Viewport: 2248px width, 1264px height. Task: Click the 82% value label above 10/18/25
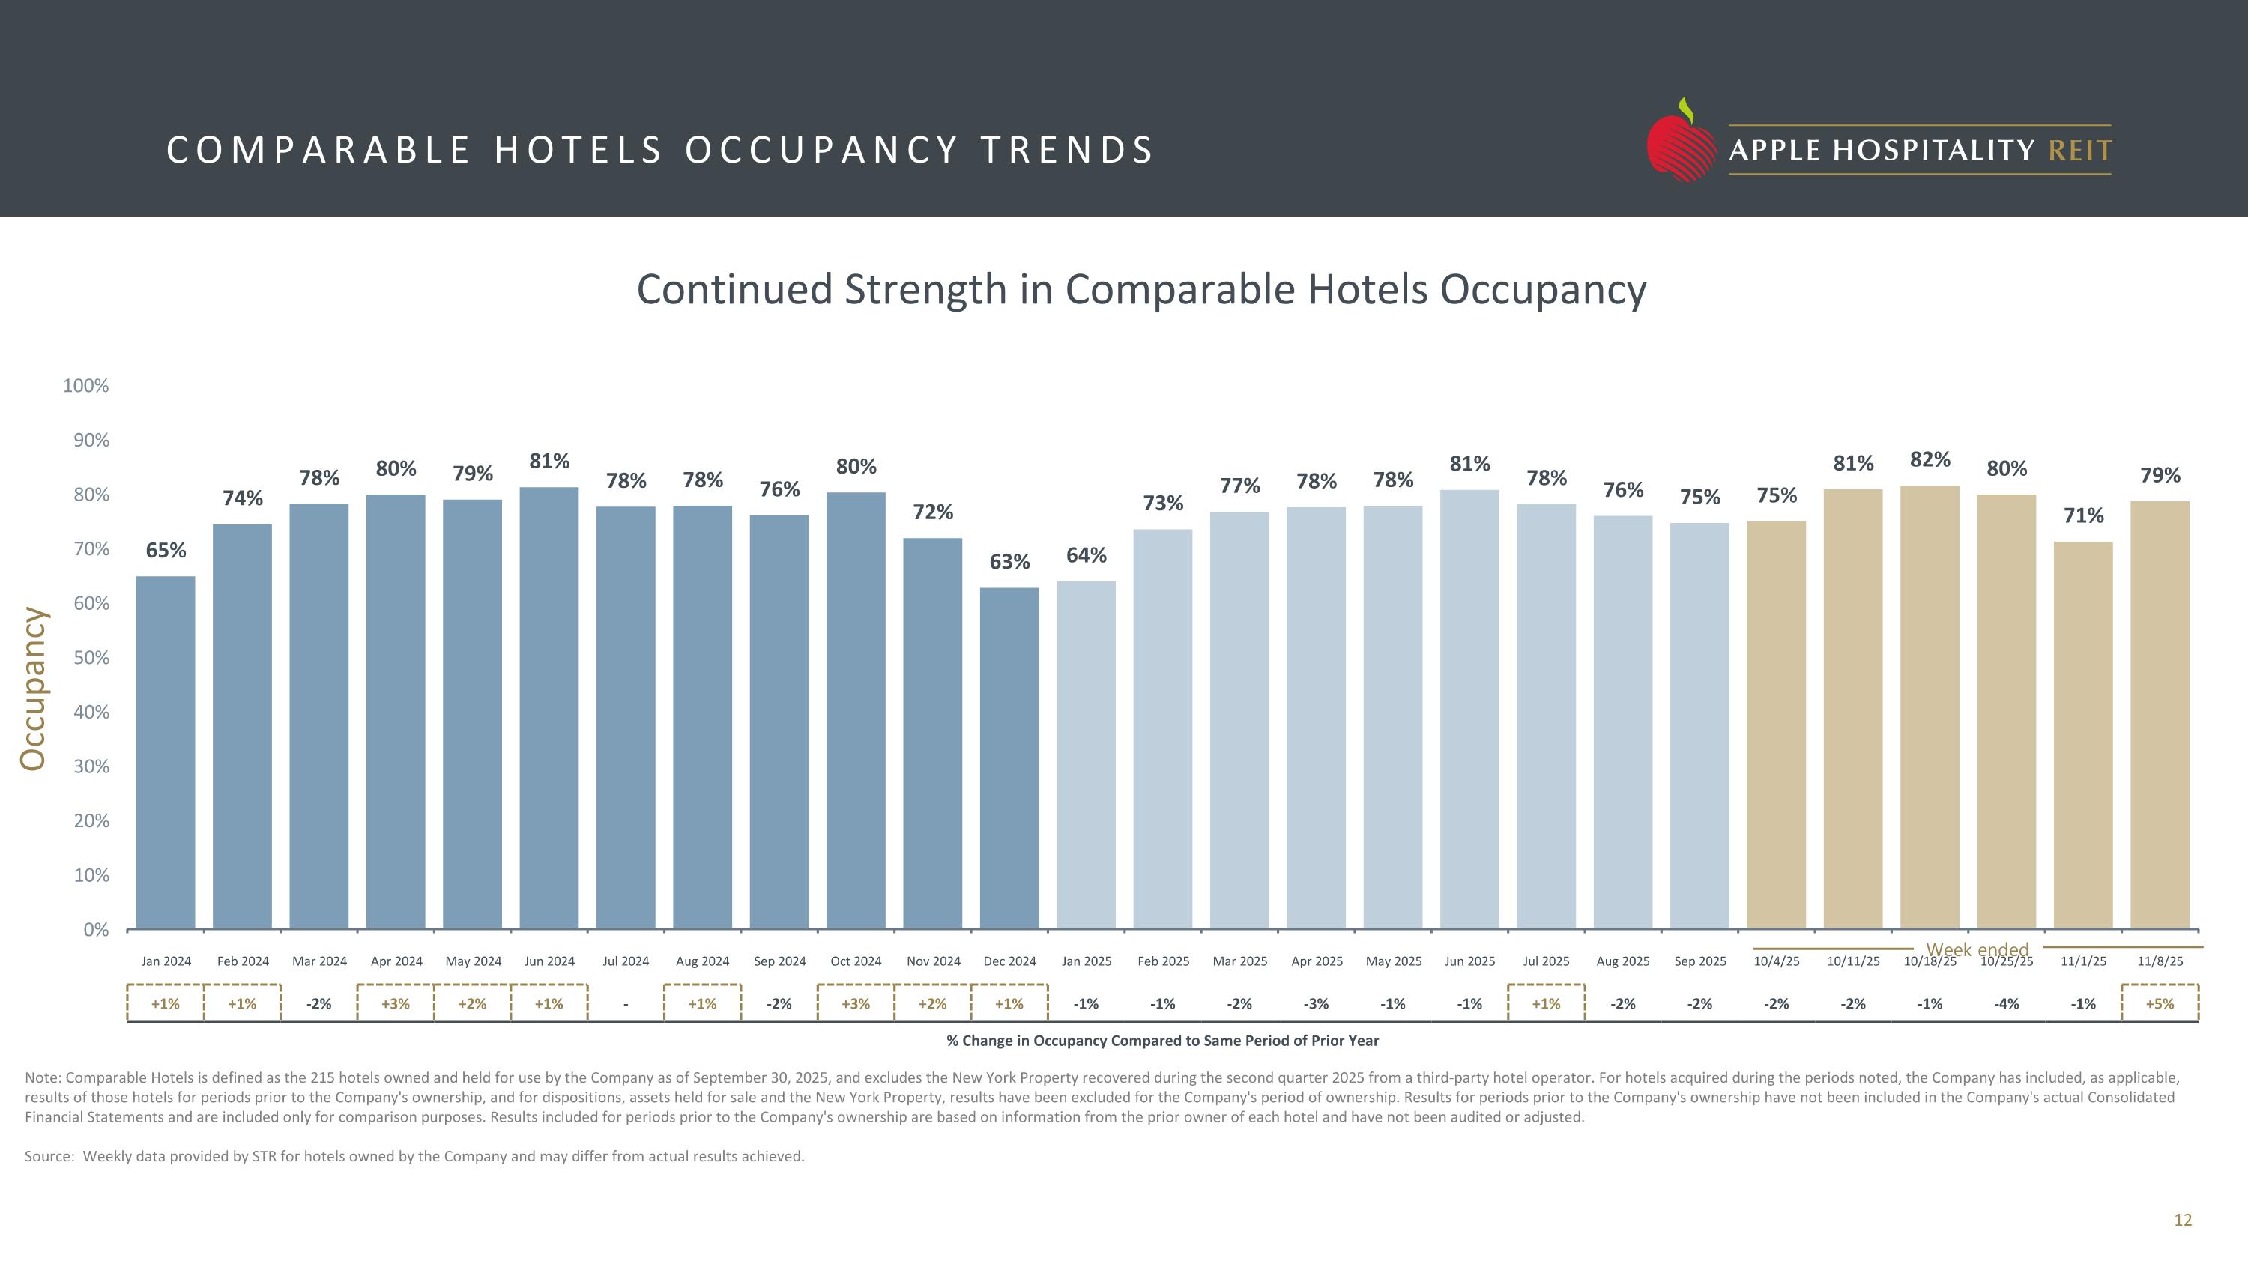tap(1930, 460)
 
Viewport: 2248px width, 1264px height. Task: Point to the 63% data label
tap(1009, 562)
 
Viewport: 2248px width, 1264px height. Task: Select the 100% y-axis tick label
tap(85, 386)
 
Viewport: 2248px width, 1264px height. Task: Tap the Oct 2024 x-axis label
tap(855, 961)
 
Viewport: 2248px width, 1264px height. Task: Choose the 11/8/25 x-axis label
tap(2160, 961)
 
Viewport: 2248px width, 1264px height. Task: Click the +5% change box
tap(2160, 1004)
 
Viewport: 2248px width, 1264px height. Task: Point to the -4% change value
tap(2006, 1004)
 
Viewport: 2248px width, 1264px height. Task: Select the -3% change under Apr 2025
tap(1316, 1004)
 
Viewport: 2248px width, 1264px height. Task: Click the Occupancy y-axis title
tap(33, 689)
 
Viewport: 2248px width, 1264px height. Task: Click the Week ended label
tap(1977, 949)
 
